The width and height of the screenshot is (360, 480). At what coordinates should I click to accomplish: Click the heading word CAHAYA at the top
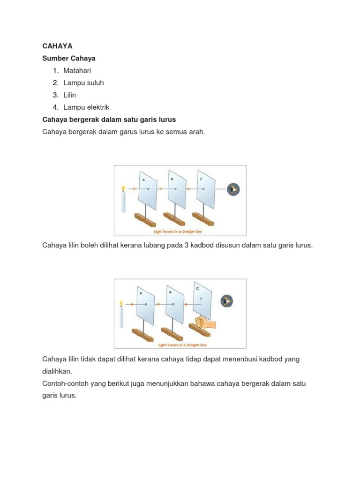click(58, 46)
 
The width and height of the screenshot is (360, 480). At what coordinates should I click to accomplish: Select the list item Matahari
click(77, 70)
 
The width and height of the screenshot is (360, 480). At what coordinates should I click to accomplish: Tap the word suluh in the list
click(95, 82)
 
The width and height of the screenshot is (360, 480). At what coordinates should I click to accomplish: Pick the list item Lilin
click(70, 95)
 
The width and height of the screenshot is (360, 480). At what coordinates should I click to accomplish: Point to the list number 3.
click(55, 95)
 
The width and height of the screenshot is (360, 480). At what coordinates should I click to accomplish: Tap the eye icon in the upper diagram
click(233, 189)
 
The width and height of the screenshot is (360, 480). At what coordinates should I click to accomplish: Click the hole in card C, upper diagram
click(203, 189)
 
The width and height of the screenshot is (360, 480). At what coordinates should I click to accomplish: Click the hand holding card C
click(204, 324)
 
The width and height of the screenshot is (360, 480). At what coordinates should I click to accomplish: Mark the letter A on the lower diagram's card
click(140, 292)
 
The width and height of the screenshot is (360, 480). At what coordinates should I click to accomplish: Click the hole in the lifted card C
click(202, 298)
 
